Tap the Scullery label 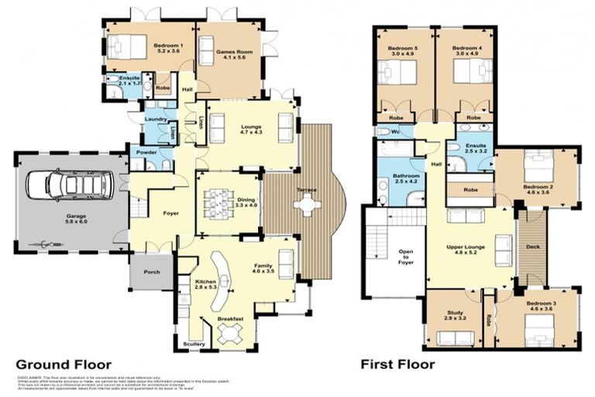point(194,343)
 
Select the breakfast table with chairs point(230,334)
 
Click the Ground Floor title point(64,364)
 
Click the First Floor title point(397,364)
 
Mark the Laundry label point(157,119)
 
